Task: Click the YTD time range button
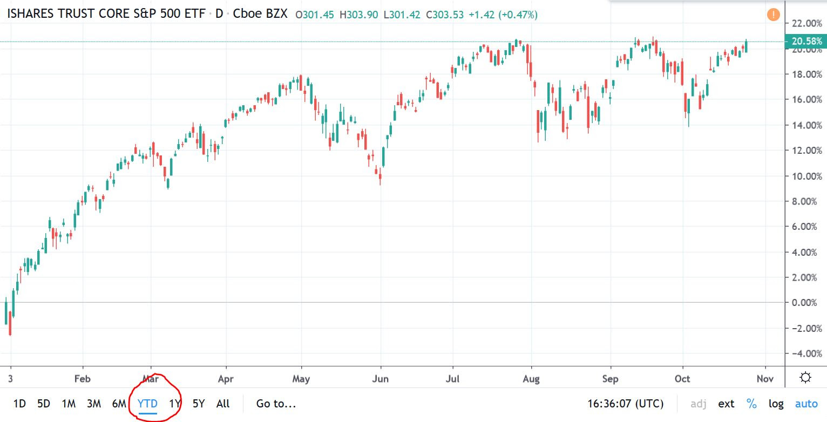[x=147, y=404]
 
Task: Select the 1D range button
[x=19, y=404]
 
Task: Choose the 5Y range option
[x=199, y=404]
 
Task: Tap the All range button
[x=222, y=404]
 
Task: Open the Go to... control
[x=276, y=404]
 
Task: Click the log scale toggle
[x=776, y=404]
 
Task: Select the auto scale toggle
[x=806, y=404]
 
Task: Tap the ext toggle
[x=726, y=404]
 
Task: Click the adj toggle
[x=698, y=404]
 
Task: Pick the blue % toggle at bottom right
[x=751, y=404]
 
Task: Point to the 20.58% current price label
[x=807, y=42]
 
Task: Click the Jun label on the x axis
[x=381, y=379]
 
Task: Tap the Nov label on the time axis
[x=765, y=379]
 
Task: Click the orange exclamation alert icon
[x=773, y=15]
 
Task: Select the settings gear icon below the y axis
[x=805, y=378]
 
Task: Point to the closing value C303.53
[x=445, y=15]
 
